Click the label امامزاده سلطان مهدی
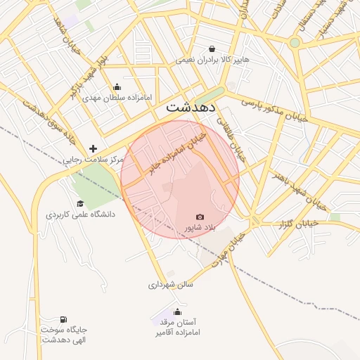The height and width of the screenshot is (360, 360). tap(117, 98)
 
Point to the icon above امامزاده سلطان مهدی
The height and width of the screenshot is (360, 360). tap(117, 87)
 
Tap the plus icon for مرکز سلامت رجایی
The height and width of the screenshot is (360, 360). tap(93, 148)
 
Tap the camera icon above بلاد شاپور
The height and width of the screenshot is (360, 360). tap(200, 217)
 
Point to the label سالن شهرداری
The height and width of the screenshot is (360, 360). tap(170, 285)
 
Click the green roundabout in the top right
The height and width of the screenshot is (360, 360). tap(295, 42)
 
